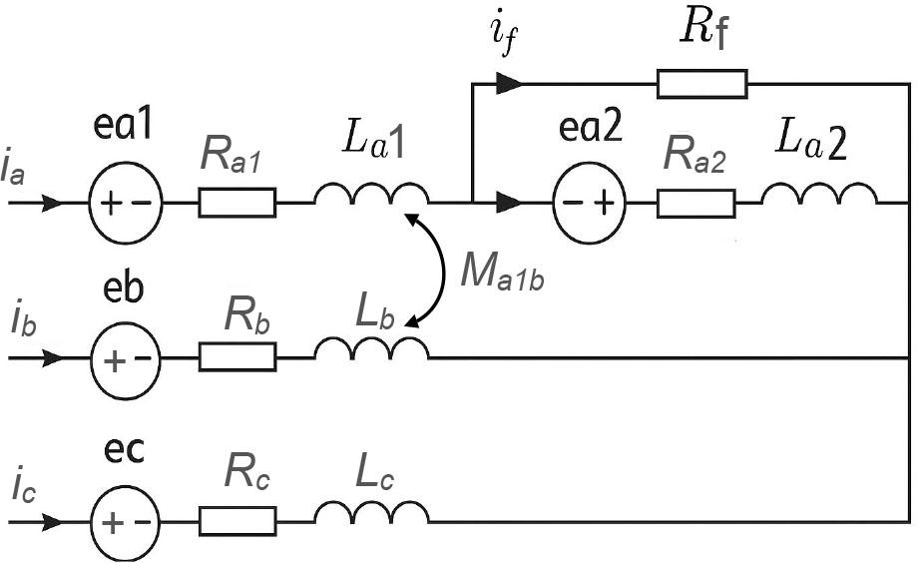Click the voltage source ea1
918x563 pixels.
point(128,203)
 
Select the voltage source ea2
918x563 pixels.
point(587,203)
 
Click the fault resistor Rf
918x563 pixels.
point(701,84)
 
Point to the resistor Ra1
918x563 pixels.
point(237,203)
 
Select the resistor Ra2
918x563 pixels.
point(695,203)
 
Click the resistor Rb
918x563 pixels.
point(237,357)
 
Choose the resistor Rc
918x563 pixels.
point(237,520)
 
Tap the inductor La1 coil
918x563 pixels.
point(371,195)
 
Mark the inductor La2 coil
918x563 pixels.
point(819,195)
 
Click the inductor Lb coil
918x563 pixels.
point(371,349)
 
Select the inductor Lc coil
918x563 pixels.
point(371,512)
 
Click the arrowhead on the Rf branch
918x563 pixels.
point(510,84)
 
